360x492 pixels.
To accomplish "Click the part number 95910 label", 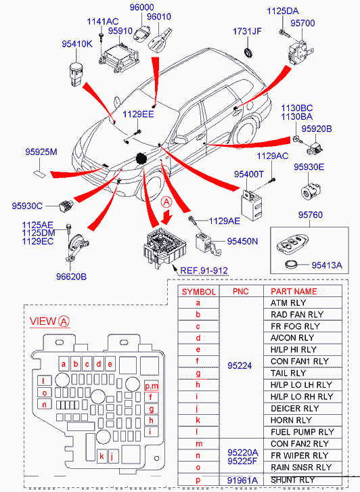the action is tap(120, 31).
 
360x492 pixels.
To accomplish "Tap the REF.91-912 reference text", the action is tap(204, 271).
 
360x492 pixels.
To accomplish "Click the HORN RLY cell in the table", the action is tap(291, 420).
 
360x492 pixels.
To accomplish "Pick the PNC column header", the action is tap(241, 292).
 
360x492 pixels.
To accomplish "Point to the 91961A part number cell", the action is tap(242, 480).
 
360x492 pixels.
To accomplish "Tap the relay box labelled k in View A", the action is tap(102, 455).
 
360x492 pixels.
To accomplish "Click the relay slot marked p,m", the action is tap(152, 386).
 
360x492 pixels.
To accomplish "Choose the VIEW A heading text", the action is tap(49, 321).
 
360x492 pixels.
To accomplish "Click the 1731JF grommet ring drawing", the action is tap(248, 52).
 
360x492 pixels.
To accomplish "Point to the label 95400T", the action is tap(248, 174).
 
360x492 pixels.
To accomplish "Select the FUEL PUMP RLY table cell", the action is tap(302, 432).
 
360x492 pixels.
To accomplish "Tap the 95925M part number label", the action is tap(41, 152).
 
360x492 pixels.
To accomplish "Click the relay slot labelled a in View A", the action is tap(64, 364).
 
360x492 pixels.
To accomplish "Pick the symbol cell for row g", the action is tap(198, 374).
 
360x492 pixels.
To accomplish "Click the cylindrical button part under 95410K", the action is tap(75, 74).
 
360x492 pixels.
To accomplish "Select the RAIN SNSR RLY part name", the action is tap(300, 467).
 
